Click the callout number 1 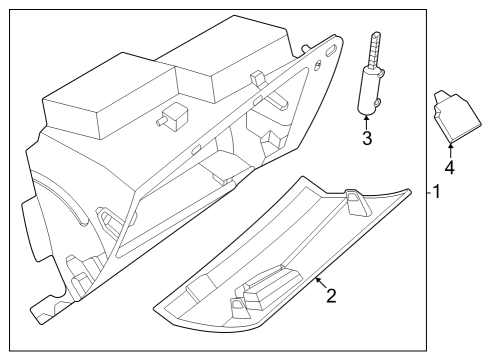coord(437,192)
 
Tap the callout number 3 coord(367,138)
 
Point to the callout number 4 coord(450,167)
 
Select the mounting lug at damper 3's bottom coord(377,103)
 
